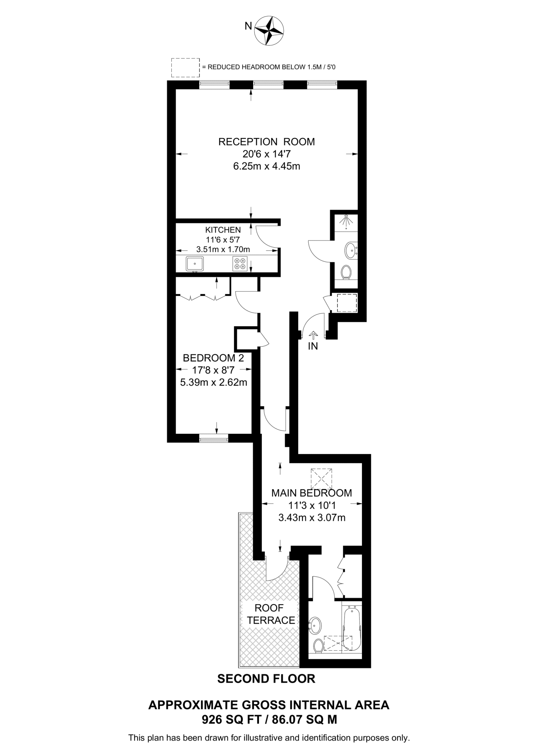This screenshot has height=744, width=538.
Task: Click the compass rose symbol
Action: click(x=269, y=31)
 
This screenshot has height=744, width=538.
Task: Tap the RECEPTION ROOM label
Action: click(x=266, y=142)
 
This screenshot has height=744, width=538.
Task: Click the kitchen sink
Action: click(x=195, y=263)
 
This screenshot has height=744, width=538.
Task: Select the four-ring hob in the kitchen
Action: click(x=240, y=263)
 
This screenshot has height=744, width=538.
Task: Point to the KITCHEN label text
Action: click(x=223, y=230)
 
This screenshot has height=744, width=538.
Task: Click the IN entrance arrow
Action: click(x=312, y=335)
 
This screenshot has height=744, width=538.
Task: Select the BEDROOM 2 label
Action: click(x=213, y=358)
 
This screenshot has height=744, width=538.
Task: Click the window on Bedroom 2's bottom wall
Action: click(x=214, y=438)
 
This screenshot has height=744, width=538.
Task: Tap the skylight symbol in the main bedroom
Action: click(x=322, y=479)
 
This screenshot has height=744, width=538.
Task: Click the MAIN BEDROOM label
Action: click(x=312, y=493)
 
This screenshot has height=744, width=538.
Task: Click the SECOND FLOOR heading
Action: click(x=266, y=679)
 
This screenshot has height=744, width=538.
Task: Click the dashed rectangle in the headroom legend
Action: click(x=185, y=67)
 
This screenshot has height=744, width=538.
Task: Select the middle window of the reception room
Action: click(x=268, y=85)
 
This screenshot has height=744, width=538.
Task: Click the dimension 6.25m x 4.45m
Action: click(x=266, y=166)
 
